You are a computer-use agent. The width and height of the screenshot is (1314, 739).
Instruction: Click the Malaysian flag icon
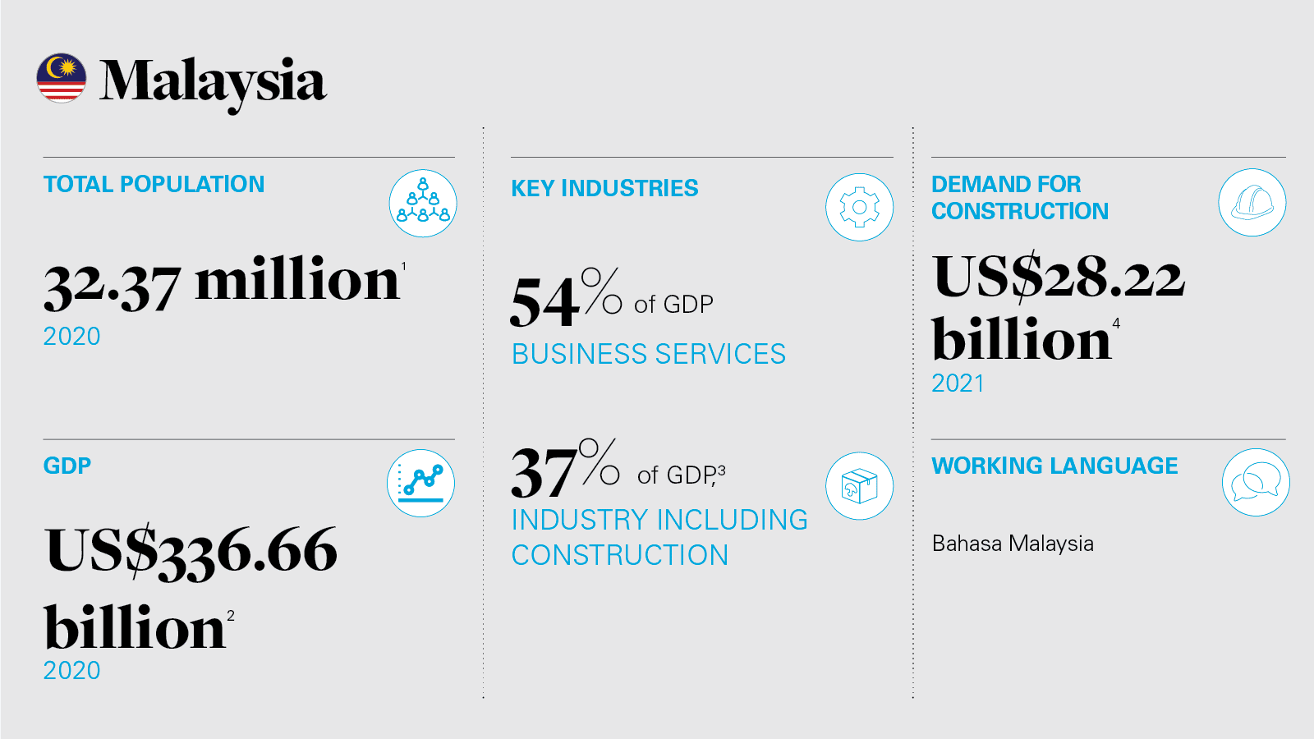pyautogui.click(x=62, y=79)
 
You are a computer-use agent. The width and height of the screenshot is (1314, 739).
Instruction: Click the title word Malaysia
pyautogui.click(x=213, y=82)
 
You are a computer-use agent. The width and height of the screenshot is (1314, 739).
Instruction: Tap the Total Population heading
pyautogui.click(x=154, y=184)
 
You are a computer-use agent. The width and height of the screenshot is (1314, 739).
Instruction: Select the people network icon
pyautogui.click(x=423, y=204)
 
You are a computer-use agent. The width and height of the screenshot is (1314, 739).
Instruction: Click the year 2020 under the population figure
pyautogui.click(x=71, y=337)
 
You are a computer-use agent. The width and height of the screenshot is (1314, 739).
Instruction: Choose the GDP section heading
pyautogui.click(x=67, y=466)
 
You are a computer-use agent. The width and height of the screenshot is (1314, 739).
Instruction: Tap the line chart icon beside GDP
pyautogui.click(x=420, y=483)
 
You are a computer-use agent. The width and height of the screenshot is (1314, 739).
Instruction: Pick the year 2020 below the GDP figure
pyautogui.click(x=71, y=671)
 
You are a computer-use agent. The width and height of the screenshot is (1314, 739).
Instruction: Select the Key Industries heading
pyautogui.click(x=604, y=188)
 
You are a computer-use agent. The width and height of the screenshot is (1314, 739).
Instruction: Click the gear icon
pyautogui.click(x=859, y=207)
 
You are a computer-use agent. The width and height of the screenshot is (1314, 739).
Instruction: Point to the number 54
pyautogui.click(x=544, y=301)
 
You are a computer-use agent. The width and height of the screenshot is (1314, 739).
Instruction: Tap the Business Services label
pyautogui.click(x=649, y=354)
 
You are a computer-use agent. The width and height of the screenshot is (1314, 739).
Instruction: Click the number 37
pyautogui.click(x=544, y=472)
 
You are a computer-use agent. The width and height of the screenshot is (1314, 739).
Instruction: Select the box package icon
pyautogui.click(x=859, y=486)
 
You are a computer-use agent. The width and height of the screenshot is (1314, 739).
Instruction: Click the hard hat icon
pyautogui.click(x=1252, y=203)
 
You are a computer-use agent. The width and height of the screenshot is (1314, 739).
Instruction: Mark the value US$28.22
pyautogui.click(x=1059, y=277)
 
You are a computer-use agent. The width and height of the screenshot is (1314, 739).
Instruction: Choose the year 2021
pyautogui.click(x=958, y=383)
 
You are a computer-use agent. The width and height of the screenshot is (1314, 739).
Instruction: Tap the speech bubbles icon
pyautogui.click(x=1256, y=482)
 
